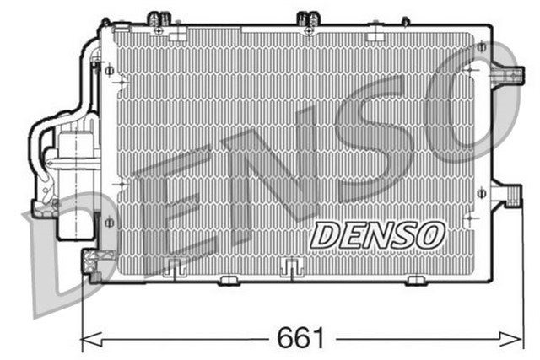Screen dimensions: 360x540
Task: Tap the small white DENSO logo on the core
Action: pos(377,236)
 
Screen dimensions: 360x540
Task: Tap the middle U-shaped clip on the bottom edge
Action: pos(290,267)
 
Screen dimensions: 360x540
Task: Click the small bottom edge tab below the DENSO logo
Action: pos(416,279)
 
